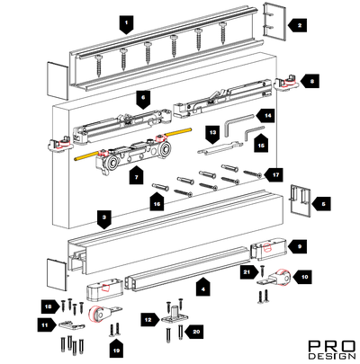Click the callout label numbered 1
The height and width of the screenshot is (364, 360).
click(126, 24)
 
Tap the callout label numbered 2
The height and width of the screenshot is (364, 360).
click(298, 25)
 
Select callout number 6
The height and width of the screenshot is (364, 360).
click(143, 99)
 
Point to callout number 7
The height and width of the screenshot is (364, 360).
click(137, 175)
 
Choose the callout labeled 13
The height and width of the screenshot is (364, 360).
click(212, 134)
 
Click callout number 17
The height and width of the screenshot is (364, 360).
click(274, 174)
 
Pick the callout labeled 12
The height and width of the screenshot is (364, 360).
click(150, 320)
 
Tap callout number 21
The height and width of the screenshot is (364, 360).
click(248, 272)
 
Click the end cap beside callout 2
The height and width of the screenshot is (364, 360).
click(274, 22)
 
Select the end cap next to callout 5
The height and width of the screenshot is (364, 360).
click(300, 199)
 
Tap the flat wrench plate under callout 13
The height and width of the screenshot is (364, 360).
click(220, 148)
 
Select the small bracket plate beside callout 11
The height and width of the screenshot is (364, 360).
click(72, 325)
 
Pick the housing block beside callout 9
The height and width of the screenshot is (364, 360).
click(268, 249)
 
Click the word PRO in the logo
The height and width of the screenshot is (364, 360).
click(332, 346)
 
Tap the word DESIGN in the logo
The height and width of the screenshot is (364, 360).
click(332, 356)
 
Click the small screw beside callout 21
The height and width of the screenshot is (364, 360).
click(262, 271)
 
